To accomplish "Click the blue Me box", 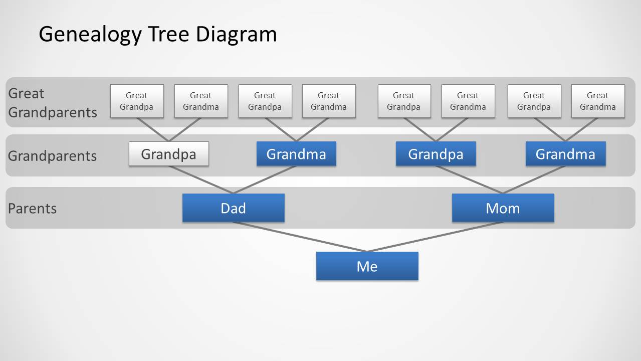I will pyautogui.click(x=367, y=266).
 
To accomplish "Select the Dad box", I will pyautogui.click(x=233, y=208).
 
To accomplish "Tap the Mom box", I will pyautogui.click(x=503, y=208).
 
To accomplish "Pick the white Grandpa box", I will pyautogui.click(x=168, y=154).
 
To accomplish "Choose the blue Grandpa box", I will pyautogui.click(x=436, y=154).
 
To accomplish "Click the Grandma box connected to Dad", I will pyautogui.click(x=296, y=154).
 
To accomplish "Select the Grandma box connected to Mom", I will pyautogui.click(x=565, y=154).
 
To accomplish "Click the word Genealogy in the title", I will pyautogui.click(x=90, y=35).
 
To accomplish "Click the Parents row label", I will pyautogui.click(x=32, y=208).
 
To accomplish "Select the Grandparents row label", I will pyautogui.click(x=52, y=155).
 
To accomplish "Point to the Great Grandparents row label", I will pyautogui.click(x=52, y=103).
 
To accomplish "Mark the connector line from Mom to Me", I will pyautogui.click(x=435, y=237).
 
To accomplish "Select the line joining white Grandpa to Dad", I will pyautogui.click(x=200, y=179).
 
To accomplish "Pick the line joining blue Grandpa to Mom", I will pyautogui.click(x=469, y=179).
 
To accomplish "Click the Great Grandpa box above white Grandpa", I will pyautogui.click(x=136, y=101).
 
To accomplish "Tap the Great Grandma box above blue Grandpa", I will pyautogui.click(x=468, y=101).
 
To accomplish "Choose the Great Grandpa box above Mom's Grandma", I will pyautogui.click(x=534, y=101).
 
